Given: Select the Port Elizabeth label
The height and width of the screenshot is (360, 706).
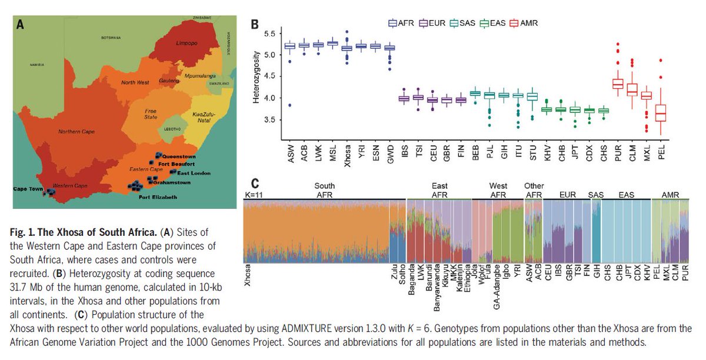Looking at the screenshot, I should [x=158, y=197].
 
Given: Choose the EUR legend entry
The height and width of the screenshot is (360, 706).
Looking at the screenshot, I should [x=434, y=24].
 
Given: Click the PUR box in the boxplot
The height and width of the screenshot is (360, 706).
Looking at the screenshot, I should [x=618, y=84].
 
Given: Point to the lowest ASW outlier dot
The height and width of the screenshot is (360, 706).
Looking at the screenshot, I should [x=289, y=105].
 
